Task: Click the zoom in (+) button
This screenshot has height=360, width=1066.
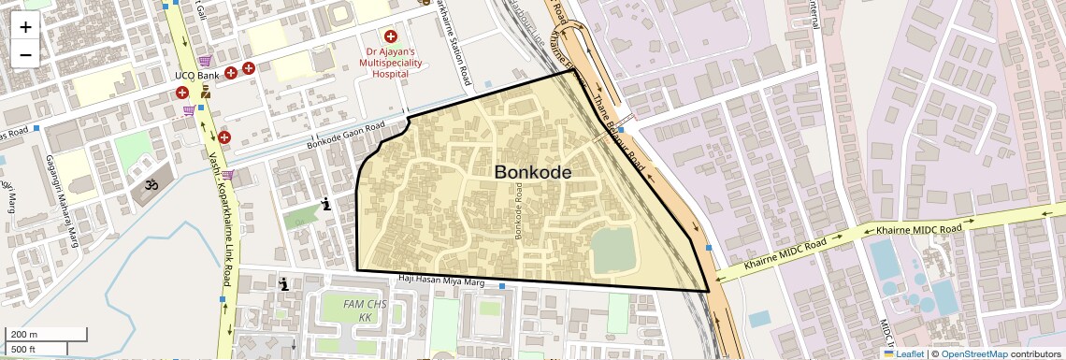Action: click(25, 26)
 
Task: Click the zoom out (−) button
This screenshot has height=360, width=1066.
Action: click(25, 54)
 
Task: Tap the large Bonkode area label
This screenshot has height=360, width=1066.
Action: click(532, 172)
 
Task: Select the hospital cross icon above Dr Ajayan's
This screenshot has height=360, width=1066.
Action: click(390, 36)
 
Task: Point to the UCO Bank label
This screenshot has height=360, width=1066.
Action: click(196, 75)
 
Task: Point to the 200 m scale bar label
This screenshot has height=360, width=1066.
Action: click(24, 335)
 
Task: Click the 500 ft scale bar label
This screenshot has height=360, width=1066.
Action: click(24, 350)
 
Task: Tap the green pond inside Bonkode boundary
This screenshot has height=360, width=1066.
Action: click(612, 251)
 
